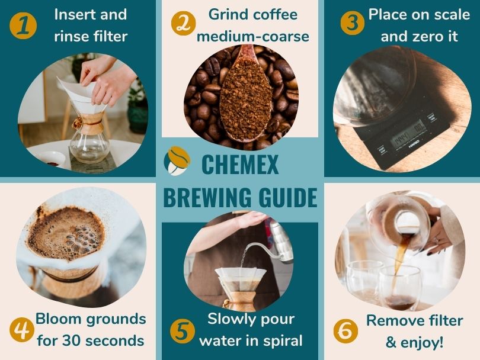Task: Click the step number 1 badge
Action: pos(23,25)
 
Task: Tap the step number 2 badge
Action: pos(183,23)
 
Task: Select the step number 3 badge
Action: pos(353,23)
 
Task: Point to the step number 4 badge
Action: pos(22,330)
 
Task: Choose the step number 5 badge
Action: pos(182,331)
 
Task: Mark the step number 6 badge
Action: pos(345,331)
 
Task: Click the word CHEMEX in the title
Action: pos(240,164)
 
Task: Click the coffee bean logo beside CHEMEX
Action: pos(177,161)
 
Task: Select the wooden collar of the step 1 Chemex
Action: pos(88,123)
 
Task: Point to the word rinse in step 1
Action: pos(70,36)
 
